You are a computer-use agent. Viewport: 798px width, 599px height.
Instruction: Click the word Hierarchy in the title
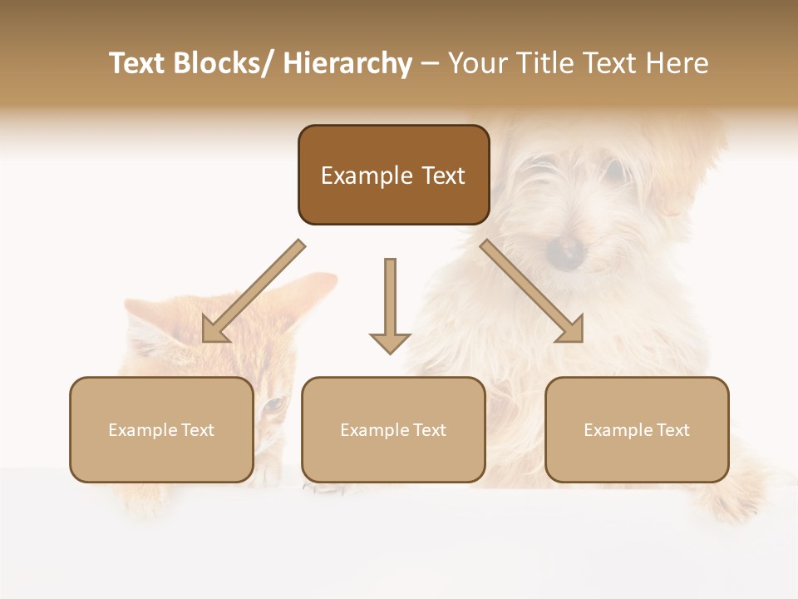347,63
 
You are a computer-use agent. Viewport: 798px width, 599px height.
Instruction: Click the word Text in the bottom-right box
672,430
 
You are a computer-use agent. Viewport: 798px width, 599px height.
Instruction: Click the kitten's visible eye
272,406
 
